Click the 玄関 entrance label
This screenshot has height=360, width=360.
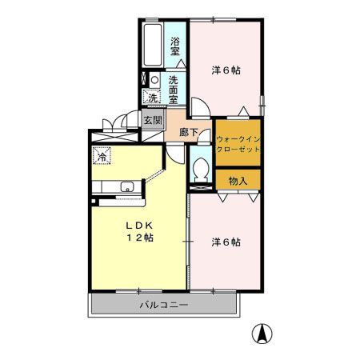pos(153,120)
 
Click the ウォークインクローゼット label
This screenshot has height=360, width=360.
pos(238,143)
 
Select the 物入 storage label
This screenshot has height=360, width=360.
pos(238,181)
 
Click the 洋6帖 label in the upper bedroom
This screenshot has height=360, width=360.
pos(226,70)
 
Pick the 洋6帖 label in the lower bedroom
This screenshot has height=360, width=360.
pos(226,241)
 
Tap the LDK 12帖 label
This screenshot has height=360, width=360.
pos(138,231)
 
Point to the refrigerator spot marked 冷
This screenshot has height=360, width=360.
pos(102,156)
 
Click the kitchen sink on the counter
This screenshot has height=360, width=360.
pos(126,188)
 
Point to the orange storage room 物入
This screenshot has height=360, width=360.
pos(238,181)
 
